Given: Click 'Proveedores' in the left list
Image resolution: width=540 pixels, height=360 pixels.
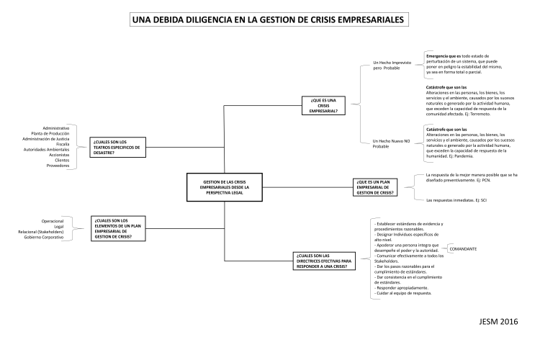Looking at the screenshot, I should click(x=58, y=165).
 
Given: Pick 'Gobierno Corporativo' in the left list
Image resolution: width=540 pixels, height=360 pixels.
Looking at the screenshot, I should click(x=45, y=237).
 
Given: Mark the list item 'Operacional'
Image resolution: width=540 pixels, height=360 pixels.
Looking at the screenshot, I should click(x=54, y=220).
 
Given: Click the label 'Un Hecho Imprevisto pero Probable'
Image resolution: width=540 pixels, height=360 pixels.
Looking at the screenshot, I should click(x=392, y=66).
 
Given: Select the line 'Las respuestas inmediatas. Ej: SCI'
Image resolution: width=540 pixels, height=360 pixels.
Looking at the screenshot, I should click(x=457, y=199).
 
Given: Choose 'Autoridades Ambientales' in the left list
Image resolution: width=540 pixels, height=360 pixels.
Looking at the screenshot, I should click(x=47, y=149).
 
